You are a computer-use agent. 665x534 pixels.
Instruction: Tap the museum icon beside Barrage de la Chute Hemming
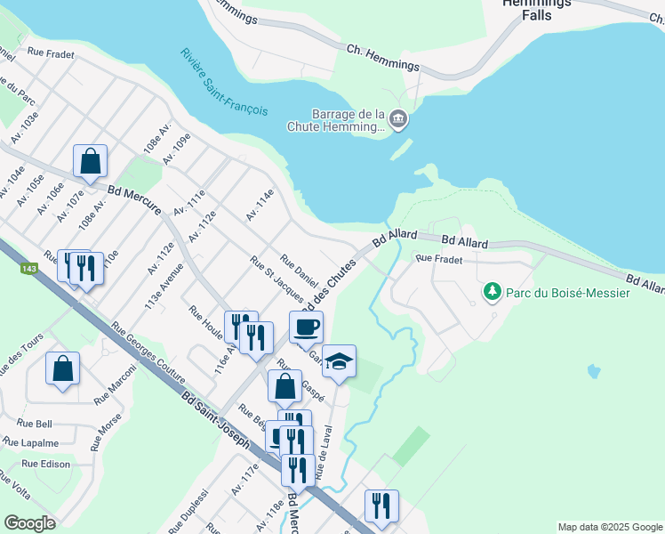tap(398, 118)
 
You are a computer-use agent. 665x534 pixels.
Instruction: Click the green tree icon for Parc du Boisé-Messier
tap(491, 291)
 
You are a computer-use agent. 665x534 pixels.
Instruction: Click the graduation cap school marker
tap(339, 361)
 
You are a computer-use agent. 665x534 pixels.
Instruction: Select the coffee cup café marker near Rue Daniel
tap(306, 327)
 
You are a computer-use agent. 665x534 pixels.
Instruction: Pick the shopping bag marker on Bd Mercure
tap(90, 161)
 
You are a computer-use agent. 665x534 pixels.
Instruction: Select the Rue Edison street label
tap(45, 464)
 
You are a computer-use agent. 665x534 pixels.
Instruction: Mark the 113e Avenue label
tap(166, 286)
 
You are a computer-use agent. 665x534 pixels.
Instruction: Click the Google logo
tap(29, 522)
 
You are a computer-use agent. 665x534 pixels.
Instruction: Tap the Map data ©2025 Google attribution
tap(609, 527)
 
